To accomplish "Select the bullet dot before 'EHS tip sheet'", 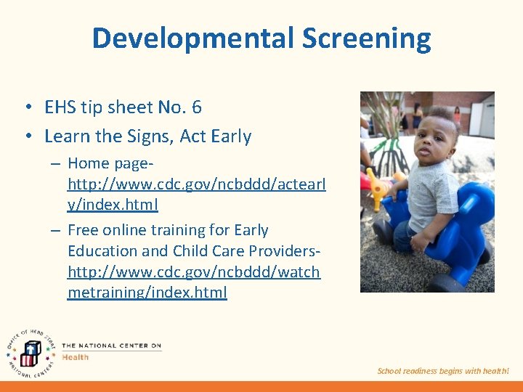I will (x=26, y=107).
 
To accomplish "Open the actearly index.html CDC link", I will (x=196, y=184).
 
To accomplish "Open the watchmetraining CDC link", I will (x=193, y=271).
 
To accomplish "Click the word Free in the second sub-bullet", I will (x=83, y=230).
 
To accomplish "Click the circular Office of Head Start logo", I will (x=29, y=350).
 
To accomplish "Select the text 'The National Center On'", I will (x=111, y=346).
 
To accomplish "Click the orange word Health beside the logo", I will (x=75, y=356).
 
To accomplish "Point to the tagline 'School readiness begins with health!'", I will (x=443, y=371).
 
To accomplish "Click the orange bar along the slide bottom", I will (x=261, y=386).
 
